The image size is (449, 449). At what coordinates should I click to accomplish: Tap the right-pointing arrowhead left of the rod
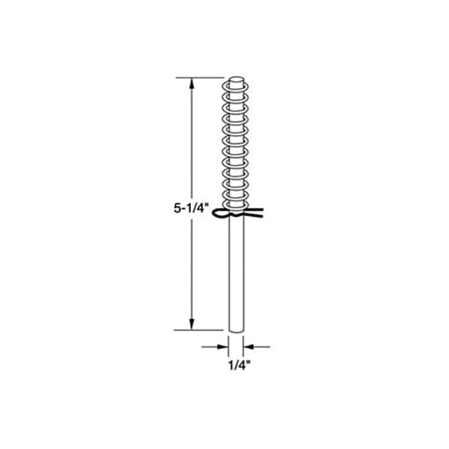(224, 347)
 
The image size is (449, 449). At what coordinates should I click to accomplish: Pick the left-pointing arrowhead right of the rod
(250, 347)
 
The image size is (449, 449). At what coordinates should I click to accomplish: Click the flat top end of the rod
(237, 80)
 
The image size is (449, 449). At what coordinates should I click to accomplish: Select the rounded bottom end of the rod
(237, 330)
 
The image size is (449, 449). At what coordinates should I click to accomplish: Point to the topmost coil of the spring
(237, 87)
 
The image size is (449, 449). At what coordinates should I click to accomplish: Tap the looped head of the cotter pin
(219, 216)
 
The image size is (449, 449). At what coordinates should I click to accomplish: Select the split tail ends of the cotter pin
(257, 212)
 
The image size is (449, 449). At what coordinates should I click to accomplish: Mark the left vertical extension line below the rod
(229, 343)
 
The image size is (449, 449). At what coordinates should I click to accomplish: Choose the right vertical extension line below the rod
(246, 343)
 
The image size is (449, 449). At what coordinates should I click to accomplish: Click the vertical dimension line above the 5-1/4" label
(191, 141)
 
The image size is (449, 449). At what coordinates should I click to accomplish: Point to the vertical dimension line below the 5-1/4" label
(191, 269)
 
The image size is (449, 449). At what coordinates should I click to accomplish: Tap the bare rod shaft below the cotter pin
(237, 276)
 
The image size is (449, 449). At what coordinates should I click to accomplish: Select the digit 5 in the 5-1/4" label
(176, 208)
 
